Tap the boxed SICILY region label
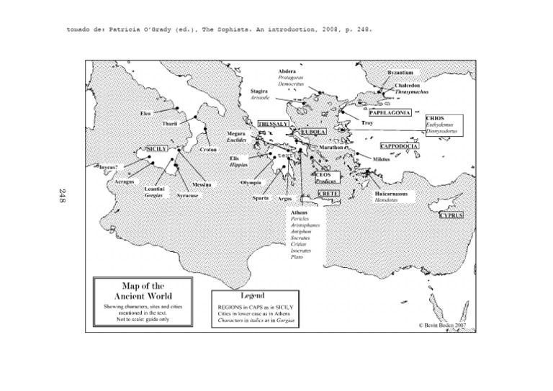(x=156, y=148)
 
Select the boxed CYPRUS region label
(x=451, y=215)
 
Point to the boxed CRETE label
(x=328, y=194)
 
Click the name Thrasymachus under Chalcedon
(x=413, y=94)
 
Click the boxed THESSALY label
(x=274, y=124)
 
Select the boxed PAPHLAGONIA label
(x=390, y=113)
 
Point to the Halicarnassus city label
(x=393, y=194)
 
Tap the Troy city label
(x=367, y=123)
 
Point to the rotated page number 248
(x=63, y=195)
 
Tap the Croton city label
(x=209, y=150)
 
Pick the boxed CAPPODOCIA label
(x=400, y=146)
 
